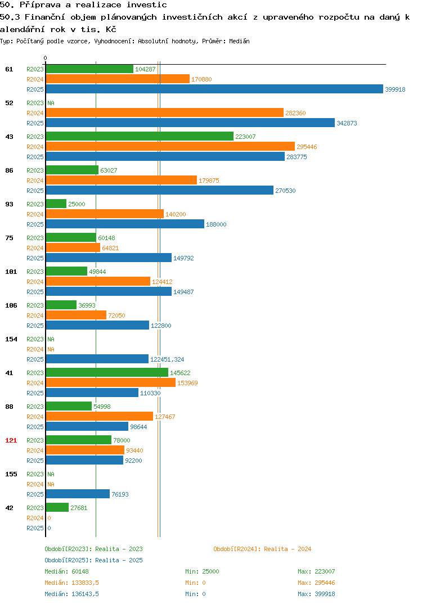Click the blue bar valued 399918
(215, 89)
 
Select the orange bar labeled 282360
(165, 112)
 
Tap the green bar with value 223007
(140, 136)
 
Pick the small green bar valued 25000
(56, 204)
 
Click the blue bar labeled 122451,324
(97, 359)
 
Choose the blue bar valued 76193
(78, 494)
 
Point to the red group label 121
(11, 440)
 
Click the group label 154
(11, 339)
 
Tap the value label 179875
(209, 181)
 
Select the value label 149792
(183, 258)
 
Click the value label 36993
(87, 305)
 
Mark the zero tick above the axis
(45, 58)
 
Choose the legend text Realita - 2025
(119, 560)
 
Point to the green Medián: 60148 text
(66, 571)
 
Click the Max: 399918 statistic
(316, 594)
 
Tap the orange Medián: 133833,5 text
(71, 583)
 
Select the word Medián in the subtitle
(239, 41)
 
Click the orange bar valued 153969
(111, 382)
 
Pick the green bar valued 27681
(57, 507)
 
